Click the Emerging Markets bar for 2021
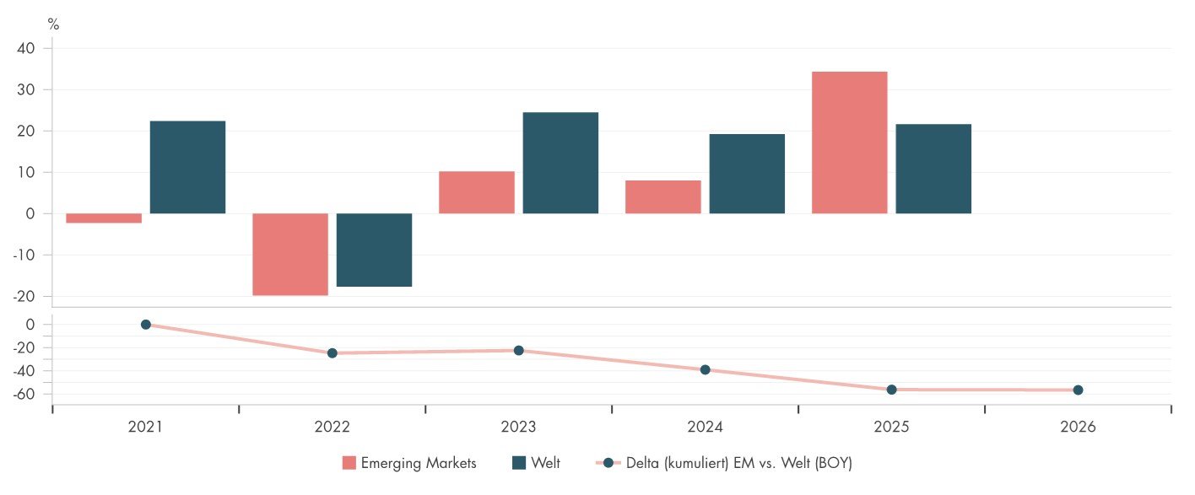click(x=104, y=218)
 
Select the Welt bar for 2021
click(x=187, y=167)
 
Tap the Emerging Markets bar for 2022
click(x=290, y=254)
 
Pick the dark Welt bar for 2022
click(x=374, y=250)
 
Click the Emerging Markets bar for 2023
click(x=477, y=192)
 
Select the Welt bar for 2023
click(x=560, y=163)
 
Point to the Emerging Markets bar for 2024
click(x=663, y=196)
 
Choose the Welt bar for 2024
click(x=747, y=174)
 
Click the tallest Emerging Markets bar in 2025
click(x=850, y=143)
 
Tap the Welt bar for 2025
click(x=933, y=169)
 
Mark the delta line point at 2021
click(x=146, y=325)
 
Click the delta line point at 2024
click(x=706, y=369)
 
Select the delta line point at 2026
click(x=1078, y=390)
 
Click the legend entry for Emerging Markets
click(x=409, y=463)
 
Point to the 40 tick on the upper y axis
click(x=25, y=49)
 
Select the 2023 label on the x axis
click(x=518, y=428)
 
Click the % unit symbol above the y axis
click(x=53, y=24)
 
